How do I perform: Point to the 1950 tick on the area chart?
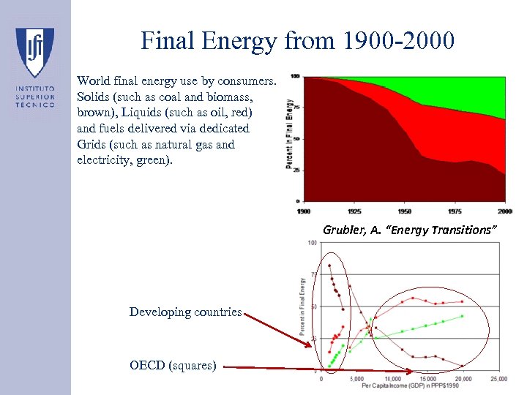405,211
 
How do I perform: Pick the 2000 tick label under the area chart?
504,211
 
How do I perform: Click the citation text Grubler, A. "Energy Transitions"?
410,230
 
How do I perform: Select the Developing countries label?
185,312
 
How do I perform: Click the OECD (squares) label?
172,365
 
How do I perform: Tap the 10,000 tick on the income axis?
392,379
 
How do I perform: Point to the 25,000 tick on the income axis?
498,379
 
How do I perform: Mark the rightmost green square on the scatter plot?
463,316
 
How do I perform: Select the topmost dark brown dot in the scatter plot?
329,266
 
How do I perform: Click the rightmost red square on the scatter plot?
463,301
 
